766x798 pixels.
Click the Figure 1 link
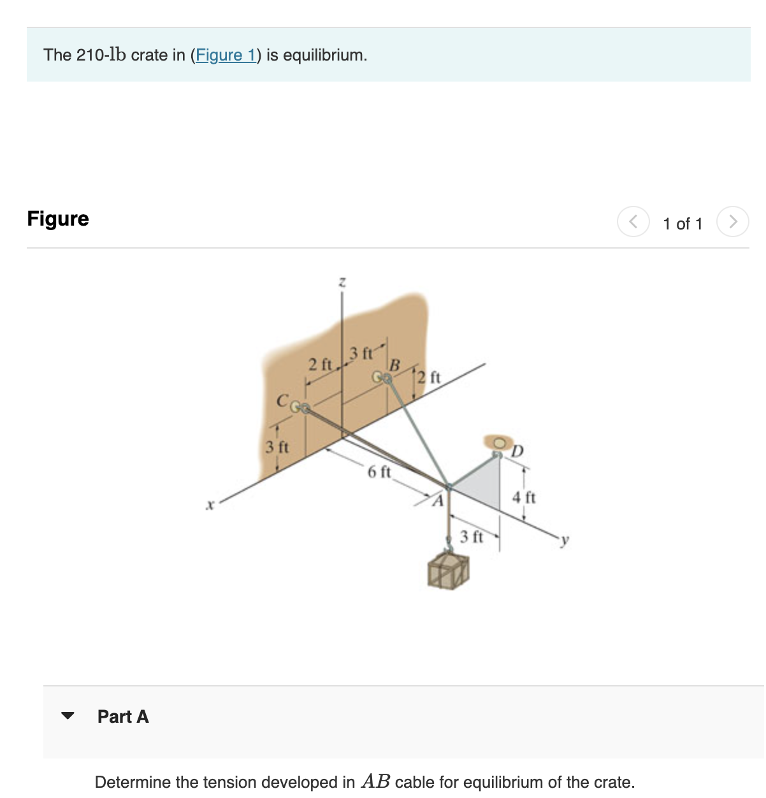(x=225, y=55)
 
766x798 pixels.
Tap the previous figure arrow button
(x=633, y=222)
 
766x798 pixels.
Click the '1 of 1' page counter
(x=682, y=224)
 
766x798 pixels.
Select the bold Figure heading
(x=58, y=219)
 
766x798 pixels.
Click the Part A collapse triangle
(x=68, y=716)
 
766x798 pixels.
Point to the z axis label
(x=342, y=281)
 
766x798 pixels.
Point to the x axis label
(x=209, y=505)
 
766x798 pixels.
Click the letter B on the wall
(x=394, y=365)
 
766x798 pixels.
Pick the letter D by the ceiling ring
(x=517, y=451)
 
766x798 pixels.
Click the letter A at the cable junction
(x=437, y=501)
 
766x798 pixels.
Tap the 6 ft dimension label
(x=379, y=472)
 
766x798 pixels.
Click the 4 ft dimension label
(x=524, y=497)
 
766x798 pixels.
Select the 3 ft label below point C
(x=277, y=447)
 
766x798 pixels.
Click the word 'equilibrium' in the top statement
(x=324, y=55)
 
